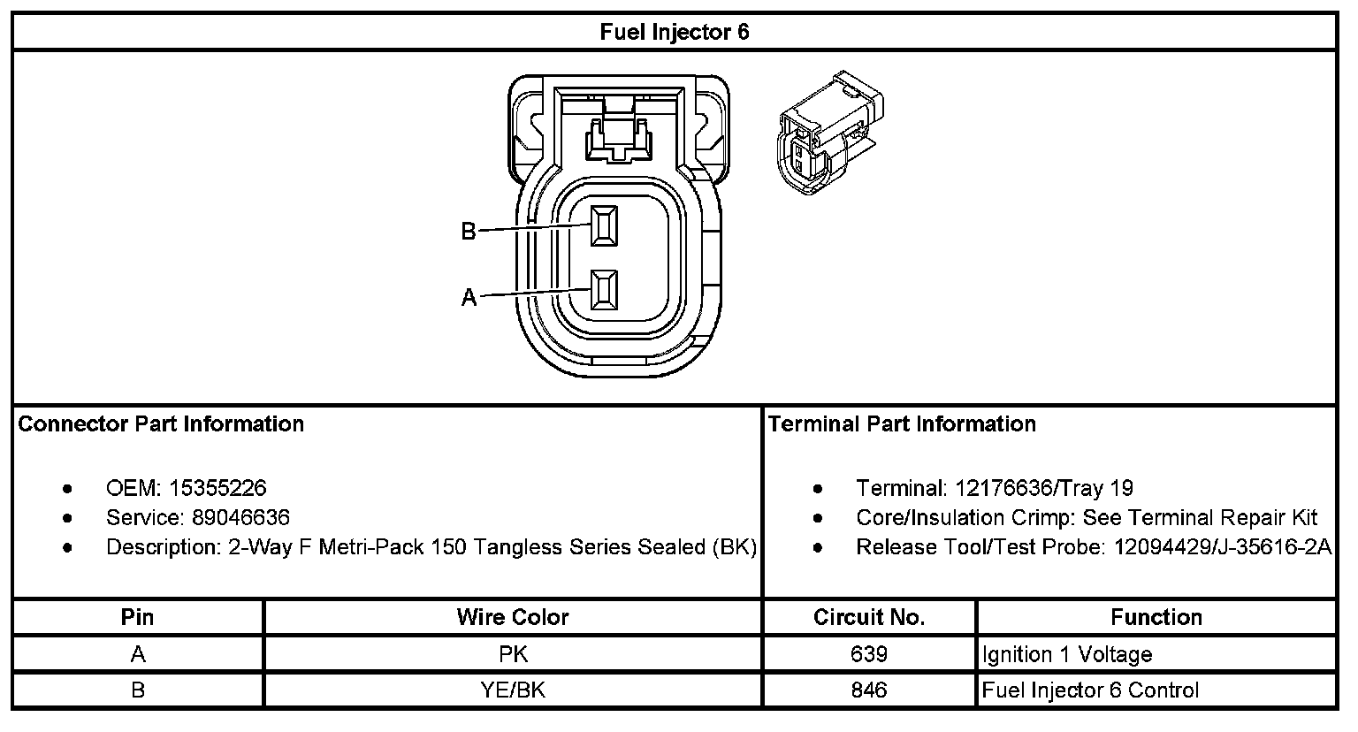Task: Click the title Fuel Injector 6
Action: coord(674,33)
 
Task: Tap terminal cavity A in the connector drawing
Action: coord(605,290)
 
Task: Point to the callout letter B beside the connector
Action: coord(469,232)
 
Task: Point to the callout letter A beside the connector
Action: coord(469,298)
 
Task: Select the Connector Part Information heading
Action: coord(161,424)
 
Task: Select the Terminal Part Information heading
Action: coord(902,424)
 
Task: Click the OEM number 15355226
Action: coord(217,488)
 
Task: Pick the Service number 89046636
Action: coord(240,517)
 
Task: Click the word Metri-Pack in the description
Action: coord(372,547)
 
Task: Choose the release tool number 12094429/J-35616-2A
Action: coord(1222,547)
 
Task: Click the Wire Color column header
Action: coord(513,617)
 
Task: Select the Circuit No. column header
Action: coord(869,617)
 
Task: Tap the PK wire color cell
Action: coord(513,654)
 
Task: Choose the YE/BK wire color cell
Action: coord(513,690)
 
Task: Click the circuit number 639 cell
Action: coord(869,654)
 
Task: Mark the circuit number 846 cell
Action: coord(869,690)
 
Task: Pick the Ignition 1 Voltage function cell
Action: coord(1067,655)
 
